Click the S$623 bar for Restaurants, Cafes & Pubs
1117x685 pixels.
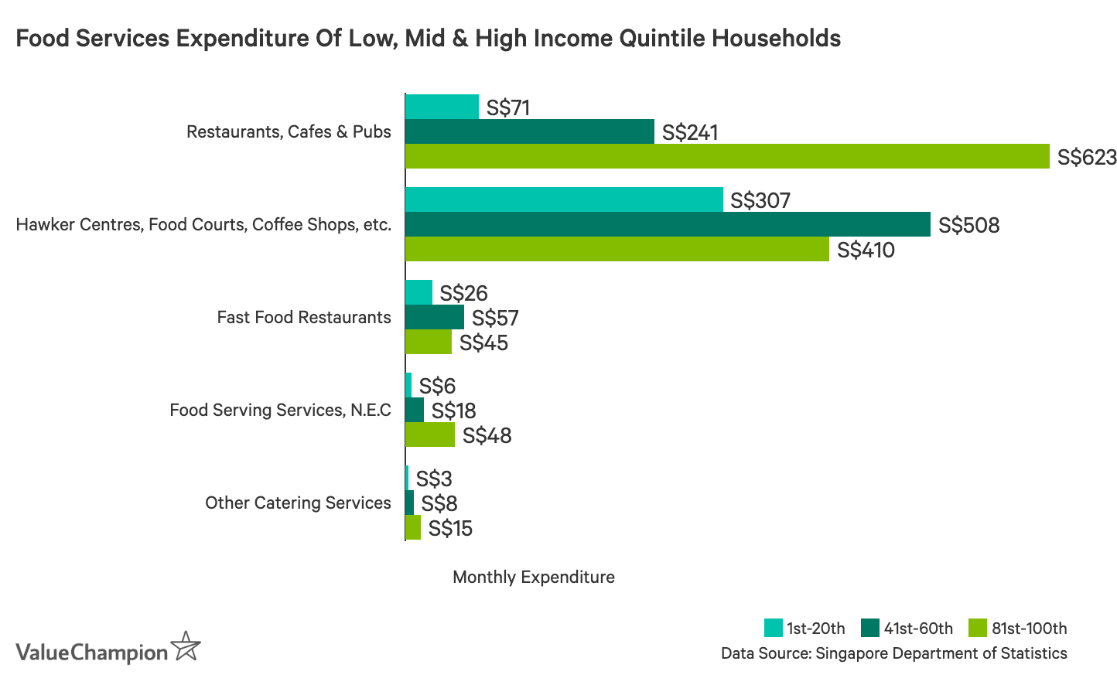click(727, 156)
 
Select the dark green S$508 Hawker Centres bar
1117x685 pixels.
click(668, 224)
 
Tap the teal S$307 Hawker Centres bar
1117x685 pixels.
click(564, 199)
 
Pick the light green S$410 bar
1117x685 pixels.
click(617, 249)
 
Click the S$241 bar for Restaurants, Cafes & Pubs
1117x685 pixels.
click(530, 131)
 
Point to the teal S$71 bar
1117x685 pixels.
click(442, 107)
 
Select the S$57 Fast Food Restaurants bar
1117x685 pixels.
click(435, 317)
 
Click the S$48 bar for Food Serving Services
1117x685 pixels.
click(430, 435)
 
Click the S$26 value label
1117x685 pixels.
click(463, 293)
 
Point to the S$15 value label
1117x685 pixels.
click(450, 529)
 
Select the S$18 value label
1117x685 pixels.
click(453, 411)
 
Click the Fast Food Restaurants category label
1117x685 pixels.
click(304, 317)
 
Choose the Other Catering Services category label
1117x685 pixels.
click(298, 503)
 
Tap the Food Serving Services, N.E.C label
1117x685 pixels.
click(280, 410)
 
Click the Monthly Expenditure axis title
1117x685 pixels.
click(533, 577)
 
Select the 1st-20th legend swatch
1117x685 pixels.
click(773, 628)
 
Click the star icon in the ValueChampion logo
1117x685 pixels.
click(186, 646)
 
